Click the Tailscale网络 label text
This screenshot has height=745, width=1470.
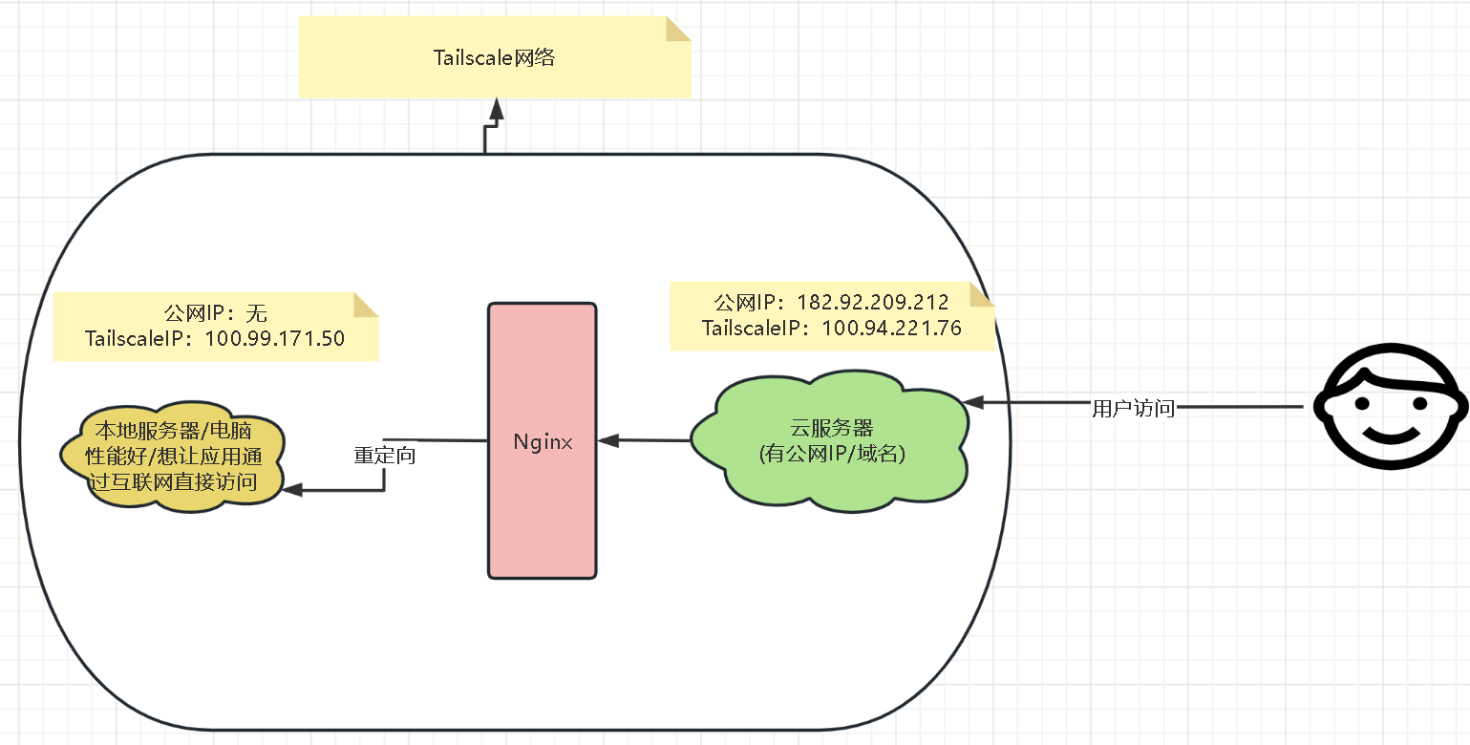click(x=494, y=58)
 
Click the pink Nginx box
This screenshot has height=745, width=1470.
click(x=542, y=516)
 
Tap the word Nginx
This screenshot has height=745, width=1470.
click(x=542, y=442)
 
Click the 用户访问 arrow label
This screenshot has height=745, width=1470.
click(x=1133, y=409)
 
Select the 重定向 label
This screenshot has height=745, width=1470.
click(x=384, y=456)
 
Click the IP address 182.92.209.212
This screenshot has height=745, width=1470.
click(x=872, y=303)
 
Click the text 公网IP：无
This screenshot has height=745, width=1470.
click(x=215, y=312)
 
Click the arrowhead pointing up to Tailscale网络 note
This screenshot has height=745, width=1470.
click(x=495, y=110)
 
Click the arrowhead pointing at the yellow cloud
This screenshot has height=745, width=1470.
click(x=292, y=489)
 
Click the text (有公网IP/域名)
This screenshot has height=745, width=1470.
click(x=831, y=455)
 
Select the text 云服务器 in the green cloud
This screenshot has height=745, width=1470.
click(x=831, y=428)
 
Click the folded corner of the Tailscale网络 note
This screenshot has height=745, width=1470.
click(x=677, y=29)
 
